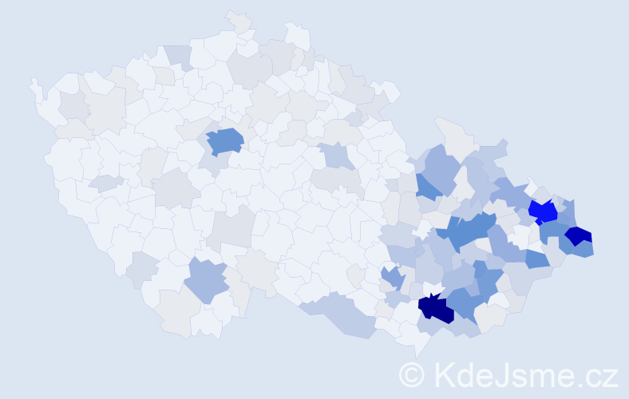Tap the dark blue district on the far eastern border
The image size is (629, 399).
578,235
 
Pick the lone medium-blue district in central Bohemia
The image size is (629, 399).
225,141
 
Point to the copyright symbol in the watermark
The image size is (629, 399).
412,374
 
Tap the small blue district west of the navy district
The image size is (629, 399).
391,279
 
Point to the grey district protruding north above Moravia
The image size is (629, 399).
452,132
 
